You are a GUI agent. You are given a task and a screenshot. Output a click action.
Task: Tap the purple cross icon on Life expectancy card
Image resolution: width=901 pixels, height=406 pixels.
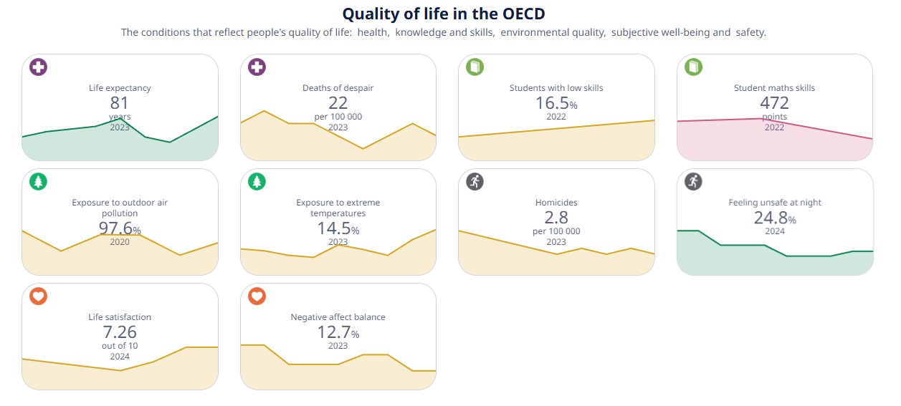39,68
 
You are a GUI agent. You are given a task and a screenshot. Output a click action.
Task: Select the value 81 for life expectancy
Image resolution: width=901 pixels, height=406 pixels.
120,103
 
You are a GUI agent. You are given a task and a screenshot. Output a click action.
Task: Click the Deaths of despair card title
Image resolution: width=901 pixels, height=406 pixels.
338,88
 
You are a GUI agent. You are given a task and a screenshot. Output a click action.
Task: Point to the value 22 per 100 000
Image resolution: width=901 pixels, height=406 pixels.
338,103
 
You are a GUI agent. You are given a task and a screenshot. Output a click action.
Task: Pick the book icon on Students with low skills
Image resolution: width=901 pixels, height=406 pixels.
475,68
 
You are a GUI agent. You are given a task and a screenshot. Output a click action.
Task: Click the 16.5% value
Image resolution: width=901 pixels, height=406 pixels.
556,103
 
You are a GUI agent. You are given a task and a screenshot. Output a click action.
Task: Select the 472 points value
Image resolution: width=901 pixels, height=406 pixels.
774,103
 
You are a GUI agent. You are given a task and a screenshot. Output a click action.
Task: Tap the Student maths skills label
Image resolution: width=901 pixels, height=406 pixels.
774,88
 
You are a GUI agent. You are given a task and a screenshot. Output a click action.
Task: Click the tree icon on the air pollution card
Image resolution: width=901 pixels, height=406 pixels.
39,182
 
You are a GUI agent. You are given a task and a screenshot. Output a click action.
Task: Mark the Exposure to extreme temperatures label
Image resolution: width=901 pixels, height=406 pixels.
338,208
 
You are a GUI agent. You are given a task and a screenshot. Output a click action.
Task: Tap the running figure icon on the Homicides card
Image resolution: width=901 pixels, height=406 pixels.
475,182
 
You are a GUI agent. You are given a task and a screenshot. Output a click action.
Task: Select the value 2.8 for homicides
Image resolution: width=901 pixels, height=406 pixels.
556,218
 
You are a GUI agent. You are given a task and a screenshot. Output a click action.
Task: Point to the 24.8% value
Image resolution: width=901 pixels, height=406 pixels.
774,218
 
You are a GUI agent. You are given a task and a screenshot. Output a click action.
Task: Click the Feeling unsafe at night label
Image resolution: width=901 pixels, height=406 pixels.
774,203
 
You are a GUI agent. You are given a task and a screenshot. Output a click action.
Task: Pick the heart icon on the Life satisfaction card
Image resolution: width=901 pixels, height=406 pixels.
39,296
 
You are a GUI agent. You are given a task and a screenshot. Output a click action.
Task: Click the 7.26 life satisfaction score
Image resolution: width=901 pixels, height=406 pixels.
120,332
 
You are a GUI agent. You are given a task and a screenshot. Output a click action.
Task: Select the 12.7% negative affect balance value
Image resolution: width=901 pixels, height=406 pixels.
338,332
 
